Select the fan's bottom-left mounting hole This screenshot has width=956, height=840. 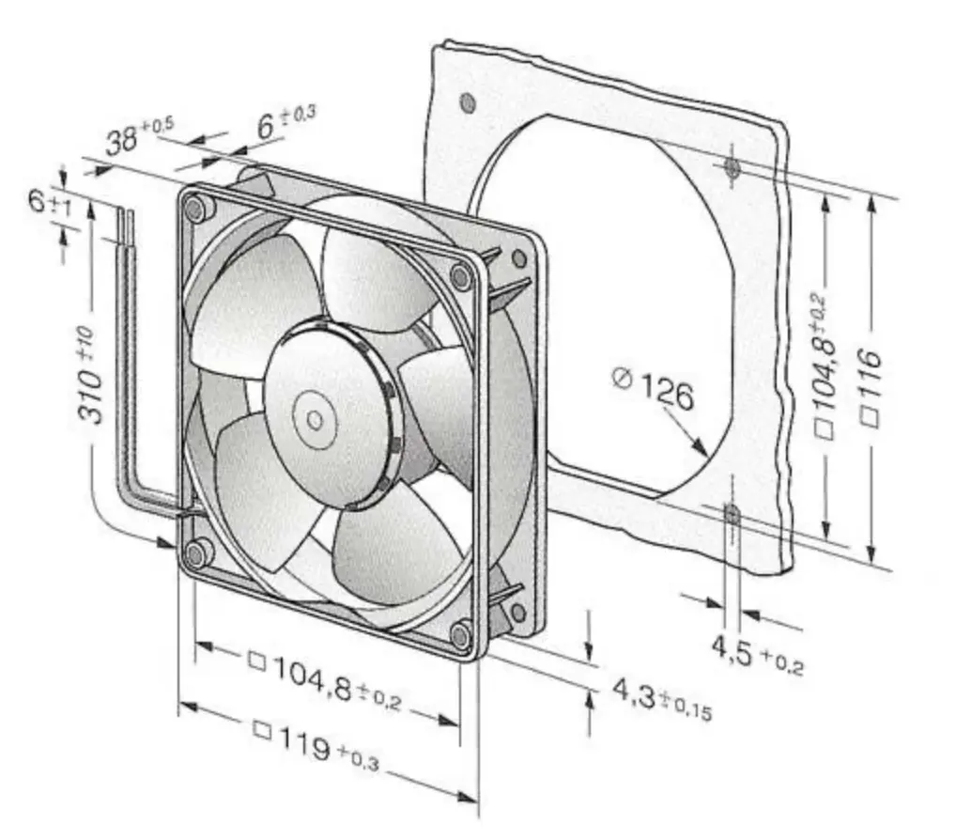(x=197, y=553)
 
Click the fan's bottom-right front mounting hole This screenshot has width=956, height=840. (x=459, y=636)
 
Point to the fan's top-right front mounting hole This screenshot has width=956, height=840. (x=460, y=275)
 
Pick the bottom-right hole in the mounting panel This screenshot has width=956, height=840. (x=732, y=513)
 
